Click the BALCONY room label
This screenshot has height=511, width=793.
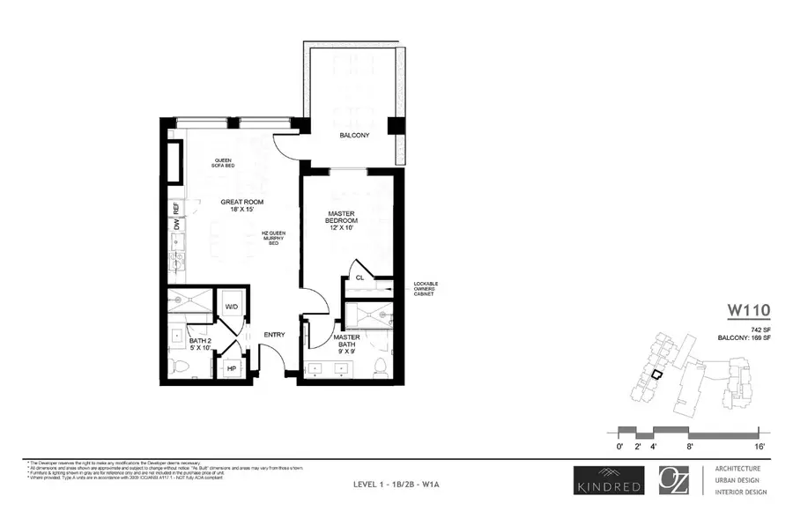pyautogui.click(x=353, y=136)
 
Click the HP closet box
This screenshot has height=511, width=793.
pyautogui.click(x=233, y=368)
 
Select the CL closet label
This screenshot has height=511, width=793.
pyautogui.click(x=359, y=278)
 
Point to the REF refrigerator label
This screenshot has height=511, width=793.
pyautogui.click(x=176, y=209)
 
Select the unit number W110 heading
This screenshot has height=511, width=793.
pyautogui.click(x=748, y=309)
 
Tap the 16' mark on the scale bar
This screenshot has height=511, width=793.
pyautogui.click(x=759, y=448)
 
